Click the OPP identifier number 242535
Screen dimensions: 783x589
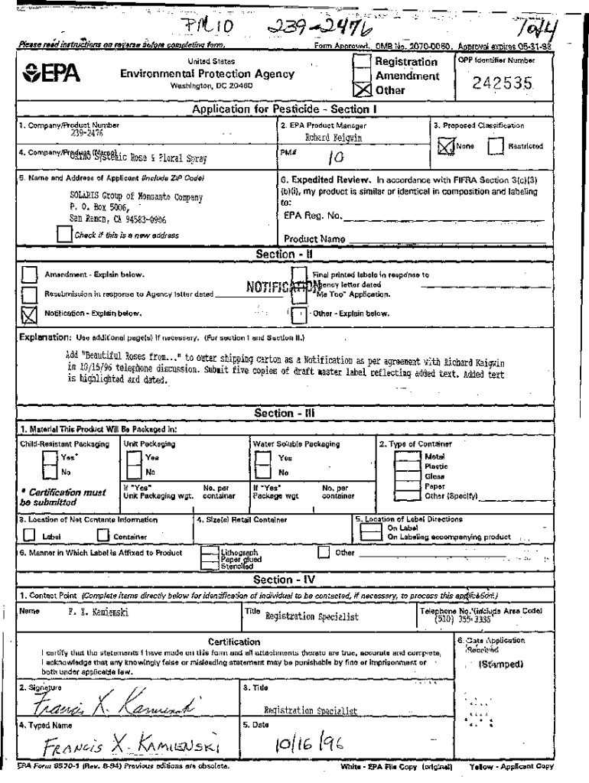[503, 83]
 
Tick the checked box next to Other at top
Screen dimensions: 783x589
[363, 90]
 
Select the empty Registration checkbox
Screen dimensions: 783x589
[363, 63]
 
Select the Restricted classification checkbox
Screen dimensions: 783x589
[496, 145]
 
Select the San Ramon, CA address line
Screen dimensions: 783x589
[117, 218]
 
